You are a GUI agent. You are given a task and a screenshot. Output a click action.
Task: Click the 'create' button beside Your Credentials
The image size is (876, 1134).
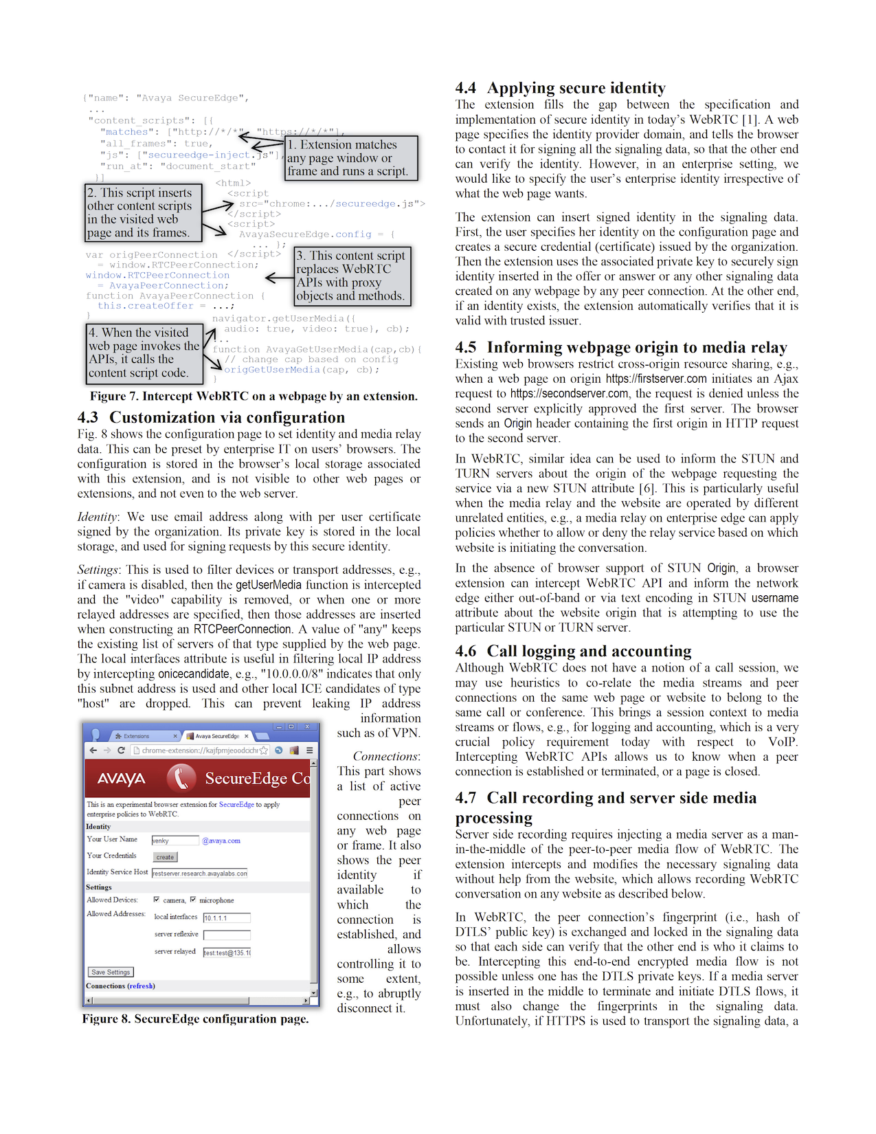tap(165, 857)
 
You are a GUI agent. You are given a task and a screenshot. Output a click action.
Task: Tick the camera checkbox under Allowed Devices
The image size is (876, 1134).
tap(157, 900)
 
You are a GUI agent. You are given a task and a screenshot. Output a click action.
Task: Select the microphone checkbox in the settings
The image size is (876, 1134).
tap(193, 900)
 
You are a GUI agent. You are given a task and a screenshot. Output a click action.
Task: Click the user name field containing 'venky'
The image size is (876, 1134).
tap(175, 841)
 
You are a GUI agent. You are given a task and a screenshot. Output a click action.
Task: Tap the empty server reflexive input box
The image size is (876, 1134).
tap(227, 935)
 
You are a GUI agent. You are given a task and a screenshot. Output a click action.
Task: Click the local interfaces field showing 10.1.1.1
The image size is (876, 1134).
tap(227, 918)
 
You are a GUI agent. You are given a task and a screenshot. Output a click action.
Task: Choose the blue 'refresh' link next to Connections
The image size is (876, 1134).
tap(141, 986)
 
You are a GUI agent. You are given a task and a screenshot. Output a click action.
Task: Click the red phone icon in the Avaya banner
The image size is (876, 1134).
tap(181, 778)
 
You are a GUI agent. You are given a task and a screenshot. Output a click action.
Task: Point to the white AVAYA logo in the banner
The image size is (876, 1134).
tap(121, 779)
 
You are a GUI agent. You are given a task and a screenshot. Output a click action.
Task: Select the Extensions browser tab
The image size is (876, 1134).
tap(137, 736)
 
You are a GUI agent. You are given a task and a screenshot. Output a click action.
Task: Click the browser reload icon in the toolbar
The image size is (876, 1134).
tap(121, 751)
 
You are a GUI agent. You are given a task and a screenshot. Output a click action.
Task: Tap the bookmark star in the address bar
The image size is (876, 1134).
tap(264, 751)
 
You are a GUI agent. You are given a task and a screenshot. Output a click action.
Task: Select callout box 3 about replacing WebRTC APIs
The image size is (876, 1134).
tap(352, 276)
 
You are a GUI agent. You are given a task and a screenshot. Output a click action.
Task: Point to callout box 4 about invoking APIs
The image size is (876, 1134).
tap(144, 353)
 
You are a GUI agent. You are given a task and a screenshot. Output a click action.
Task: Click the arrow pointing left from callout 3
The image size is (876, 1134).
tap(279, 278)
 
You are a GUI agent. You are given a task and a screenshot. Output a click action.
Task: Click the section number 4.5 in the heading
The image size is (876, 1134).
tap(466, 348)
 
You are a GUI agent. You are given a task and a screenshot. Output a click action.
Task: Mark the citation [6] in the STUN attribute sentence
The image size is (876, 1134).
tap(647, 489)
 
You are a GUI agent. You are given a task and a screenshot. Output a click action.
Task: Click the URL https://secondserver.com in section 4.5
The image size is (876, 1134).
tap(570, 394)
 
